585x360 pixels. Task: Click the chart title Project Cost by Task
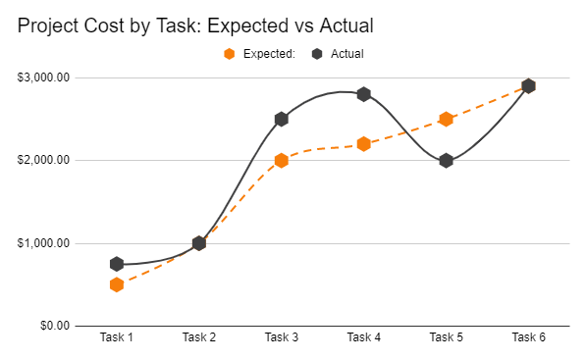coord(196,26)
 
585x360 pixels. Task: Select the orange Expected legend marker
coord(230,54)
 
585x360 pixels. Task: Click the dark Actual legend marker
coord(318,54)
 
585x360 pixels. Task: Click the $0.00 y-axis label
coord(55,326)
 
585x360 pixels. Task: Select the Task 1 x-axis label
coord(117,338)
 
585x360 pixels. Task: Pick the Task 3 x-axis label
coord(282,338)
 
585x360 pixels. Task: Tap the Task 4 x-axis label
coord(363,338)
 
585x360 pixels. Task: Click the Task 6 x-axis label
coord(528,338)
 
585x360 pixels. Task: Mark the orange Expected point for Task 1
coord(117,284)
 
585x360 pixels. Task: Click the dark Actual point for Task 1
coord(117,264)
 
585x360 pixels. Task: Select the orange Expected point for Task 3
coord(282,160)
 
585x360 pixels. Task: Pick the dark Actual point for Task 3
coord(282,119)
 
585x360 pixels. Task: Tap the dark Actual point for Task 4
coord(363,94)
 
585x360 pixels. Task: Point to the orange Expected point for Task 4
coord(363,144)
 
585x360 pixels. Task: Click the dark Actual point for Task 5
coord(446,160)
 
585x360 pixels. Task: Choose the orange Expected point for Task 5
coord(446,119)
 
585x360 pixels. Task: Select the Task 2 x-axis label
coord(199,338)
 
